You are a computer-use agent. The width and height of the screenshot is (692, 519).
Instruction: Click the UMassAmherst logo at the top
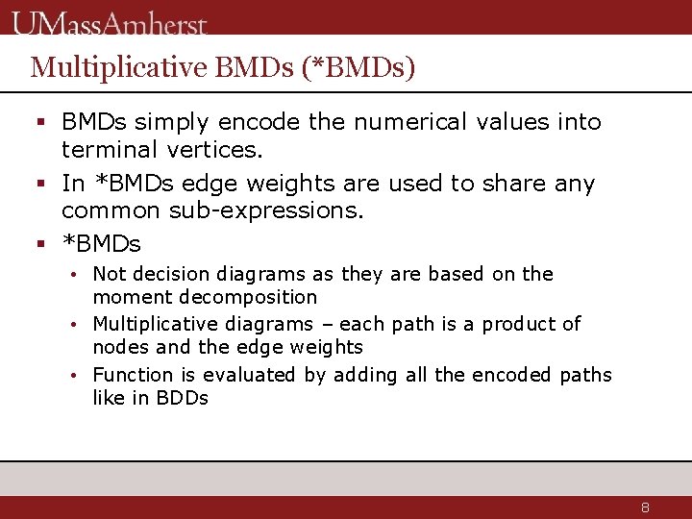point(111,21)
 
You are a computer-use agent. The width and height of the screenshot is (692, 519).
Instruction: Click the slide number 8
point(646,507)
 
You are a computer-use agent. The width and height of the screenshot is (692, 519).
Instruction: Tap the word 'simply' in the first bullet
point(173,123)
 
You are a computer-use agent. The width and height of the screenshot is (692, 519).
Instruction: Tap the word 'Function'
point(133,375)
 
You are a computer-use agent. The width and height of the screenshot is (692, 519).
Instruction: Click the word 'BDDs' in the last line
point(181,398)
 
